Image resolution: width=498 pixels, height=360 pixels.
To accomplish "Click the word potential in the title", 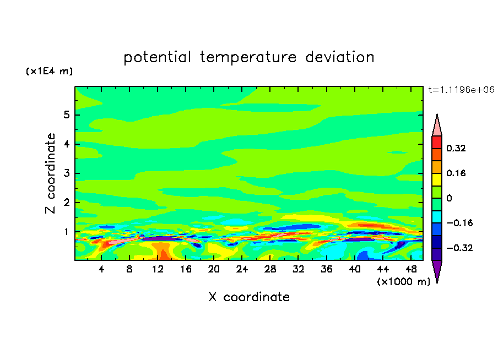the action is tap(157, 57).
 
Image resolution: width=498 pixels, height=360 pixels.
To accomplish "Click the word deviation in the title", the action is tap(339, 57).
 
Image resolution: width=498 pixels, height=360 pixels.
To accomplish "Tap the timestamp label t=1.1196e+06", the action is tap(461, 90).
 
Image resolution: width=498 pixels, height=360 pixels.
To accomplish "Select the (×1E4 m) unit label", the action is tap(49, 71).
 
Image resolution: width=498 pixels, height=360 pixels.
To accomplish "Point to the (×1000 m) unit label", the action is tap(403, 281).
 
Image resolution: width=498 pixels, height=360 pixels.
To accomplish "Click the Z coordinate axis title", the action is tap(50, 173).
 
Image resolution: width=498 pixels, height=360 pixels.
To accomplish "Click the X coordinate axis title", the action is tap(249, 297).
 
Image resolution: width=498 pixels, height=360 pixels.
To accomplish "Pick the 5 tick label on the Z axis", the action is tap(66, 114).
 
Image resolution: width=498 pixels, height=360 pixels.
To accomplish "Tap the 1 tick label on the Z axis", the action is tap(66, 232).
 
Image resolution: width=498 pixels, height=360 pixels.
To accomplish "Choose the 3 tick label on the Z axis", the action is tap(66, 173).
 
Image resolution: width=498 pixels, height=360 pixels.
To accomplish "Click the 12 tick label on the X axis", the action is tap(158, 269).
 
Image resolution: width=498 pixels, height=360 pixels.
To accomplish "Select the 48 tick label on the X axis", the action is tap(411, 269).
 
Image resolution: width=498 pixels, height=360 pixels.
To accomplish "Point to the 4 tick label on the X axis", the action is tap(101, 269).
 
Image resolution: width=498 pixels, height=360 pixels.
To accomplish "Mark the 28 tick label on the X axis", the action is tap(270, 269).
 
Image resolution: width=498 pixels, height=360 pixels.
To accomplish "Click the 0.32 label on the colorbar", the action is tap(456, 148).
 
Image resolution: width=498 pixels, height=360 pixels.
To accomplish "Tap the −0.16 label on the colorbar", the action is tap(459, 223).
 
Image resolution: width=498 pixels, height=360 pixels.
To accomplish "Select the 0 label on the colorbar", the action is tap(449, 198).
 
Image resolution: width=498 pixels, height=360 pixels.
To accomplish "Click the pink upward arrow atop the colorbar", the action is tap(437, 125).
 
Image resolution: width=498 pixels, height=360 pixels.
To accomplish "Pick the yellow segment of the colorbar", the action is tap(437, 179).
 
